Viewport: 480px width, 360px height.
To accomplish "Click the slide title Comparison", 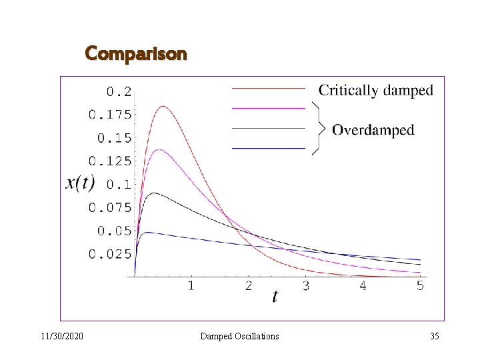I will (x=136, y=53).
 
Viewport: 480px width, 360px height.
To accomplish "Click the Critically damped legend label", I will (x=375, y=90).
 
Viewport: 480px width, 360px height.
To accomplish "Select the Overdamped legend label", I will (x=373, y=129).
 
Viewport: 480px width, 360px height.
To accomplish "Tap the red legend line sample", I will (x=268, y=88).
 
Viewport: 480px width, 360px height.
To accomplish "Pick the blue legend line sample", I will (x=268, y=147).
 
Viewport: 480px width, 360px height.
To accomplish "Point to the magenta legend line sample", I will (x=268, y=107).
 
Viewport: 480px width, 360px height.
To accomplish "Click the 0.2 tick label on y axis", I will (x=119, y=91).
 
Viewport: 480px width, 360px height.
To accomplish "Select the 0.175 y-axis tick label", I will (x=110, y=115).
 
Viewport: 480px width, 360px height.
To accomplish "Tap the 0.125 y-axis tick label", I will (x=110, y=161).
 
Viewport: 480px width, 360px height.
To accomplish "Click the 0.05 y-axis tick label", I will (x=115, y=231).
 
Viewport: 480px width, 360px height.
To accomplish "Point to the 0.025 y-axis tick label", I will (x=110, y=254).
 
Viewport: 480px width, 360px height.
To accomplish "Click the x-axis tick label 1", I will (x=191, y=286).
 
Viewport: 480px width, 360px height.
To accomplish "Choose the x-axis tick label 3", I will (x=305, y=286).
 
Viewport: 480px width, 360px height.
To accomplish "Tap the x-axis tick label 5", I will (x=420, y=286).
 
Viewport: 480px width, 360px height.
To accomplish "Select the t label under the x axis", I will (x=275, y=297).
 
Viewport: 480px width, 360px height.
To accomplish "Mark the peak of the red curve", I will (x=163, y=106).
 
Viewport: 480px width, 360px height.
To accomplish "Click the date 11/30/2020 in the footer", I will (x=61, y=336).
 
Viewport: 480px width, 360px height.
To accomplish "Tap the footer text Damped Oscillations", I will (x=239, y=336).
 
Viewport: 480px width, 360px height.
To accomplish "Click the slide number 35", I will (x=435, y=336).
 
